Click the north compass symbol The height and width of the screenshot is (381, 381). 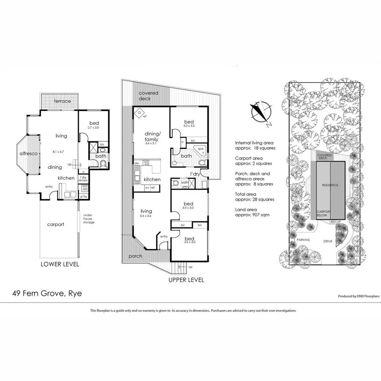[x=261, y=111]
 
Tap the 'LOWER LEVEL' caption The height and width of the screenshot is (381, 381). [x=60, y=265]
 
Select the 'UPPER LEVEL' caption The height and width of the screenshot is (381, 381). [x=186, y=280]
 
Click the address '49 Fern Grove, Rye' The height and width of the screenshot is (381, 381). [x=47, y=293]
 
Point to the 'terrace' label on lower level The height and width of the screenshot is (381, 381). [x=62, y=101]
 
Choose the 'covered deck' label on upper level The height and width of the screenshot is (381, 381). [x=148, y=96]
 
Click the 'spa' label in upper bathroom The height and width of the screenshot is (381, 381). [x=201, y=149]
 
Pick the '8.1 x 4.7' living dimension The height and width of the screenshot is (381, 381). [x=62, y=151]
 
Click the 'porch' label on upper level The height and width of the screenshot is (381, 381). [x=135, y=256]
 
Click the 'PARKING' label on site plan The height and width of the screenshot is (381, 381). [x=303, y=240]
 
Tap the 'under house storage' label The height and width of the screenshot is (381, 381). [x=89, y=218]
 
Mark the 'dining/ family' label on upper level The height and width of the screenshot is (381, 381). [x=152, y=136]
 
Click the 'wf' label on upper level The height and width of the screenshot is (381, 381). [x=144, y=116]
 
